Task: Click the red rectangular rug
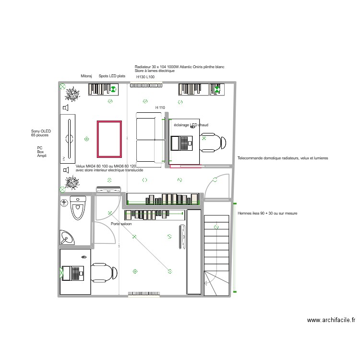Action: (x=109, y=139)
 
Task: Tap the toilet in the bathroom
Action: (x=77, y=207)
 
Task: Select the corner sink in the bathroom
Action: (x=68, y=237)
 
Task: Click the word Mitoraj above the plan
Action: (x=86, y=76)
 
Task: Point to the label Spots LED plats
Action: (x=112, y=76)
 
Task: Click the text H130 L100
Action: (x=145, y=77)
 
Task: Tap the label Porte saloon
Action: (x=121, y=224)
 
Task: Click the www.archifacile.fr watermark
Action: (x=331, y=320)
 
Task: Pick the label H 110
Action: (x=160, y=108)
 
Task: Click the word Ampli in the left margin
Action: (x=42, y=156)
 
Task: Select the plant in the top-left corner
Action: (x=72, y=94)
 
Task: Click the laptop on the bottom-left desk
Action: (x=76, y=273)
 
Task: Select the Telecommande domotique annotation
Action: (x=283, y=158)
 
